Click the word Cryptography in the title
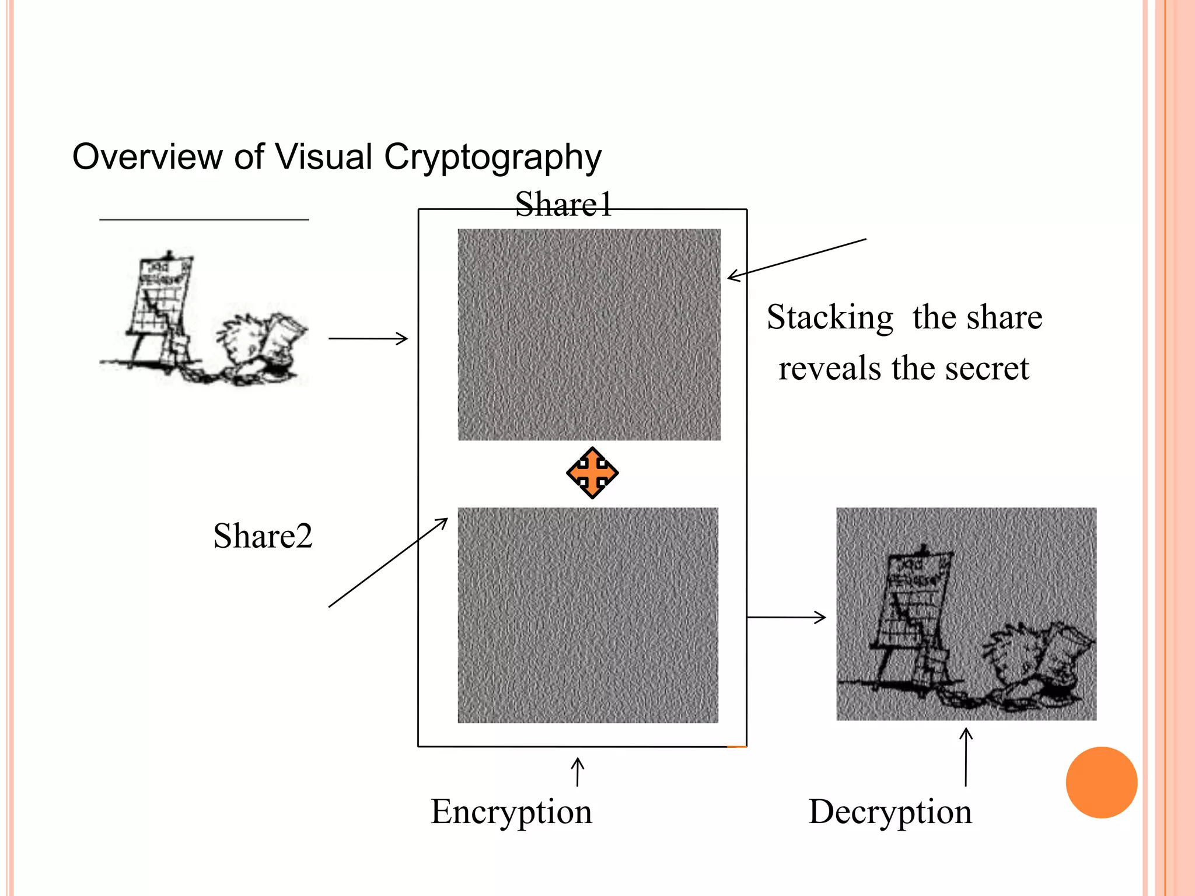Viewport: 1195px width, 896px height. point(492,157)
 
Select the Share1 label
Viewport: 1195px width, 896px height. point(564,205)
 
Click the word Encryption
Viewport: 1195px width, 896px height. point(511,811)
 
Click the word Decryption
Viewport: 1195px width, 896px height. point(890,811)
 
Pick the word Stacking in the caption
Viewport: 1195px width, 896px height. point(830,317)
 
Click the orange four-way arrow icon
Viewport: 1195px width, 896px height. point(592,473)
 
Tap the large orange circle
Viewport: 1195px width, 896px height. point(1101,782)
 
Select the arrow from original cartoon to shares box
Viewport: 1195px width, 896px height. point(368,338)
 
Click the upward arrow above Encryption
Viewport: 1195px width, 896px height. point(578,772)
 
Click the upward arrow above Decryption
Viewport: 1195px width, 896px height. point(966,757)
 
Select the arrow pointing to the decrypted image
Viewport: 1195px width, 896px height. point(786,617)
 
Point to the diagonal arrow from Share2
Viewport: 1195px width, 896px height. point(388,563)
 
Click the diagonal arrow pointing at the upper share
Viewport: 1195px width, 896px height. point(796,258)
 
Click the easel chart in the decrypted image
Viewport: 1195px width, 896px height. point(913,607)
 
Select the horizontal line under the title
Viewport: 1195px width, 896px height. point(204,220)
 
